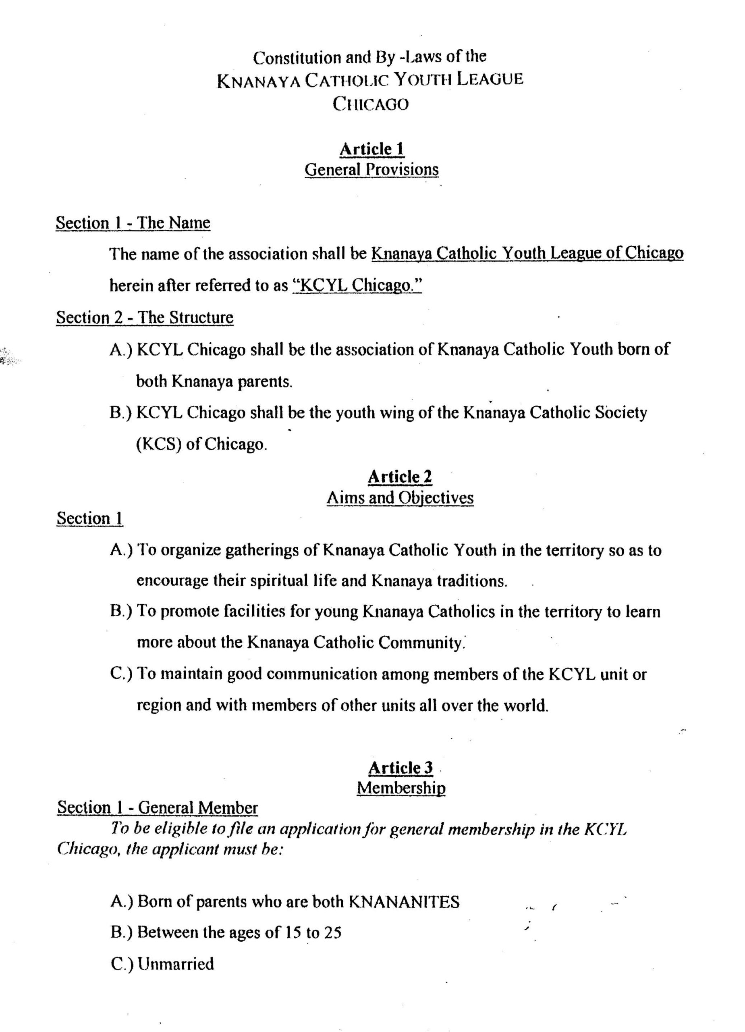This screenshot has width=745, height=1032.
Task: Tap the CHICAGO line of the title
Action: (x=371, y=104)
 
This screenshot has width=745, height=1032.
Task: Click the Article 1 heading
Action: (x=371, y=149)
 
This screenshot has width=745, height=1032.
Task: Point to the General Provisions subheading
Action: (x=371, y=170)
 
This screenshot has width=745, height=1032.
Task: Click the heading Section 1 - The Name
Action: (x=133, y=223)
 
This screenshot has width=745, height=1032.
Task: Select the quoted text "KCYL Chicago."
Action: (x=357, y=285)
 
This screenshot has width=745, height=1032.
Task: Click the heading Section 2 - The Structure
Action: (x=145, y=317)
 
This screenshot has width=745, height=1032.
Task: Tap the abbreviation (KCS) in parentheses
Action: (x=159, y=444)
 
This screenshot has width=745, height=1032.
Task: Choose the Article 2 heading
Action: (x=399, y=477)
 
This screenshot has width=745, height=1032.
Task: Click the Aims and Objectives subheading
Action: (x=400, y=498)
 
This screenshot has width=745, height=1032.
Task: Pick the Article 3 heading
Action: (x=400, y=768)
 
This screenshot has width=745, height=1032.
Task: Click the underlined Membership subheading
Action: (x=401, y=788)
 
